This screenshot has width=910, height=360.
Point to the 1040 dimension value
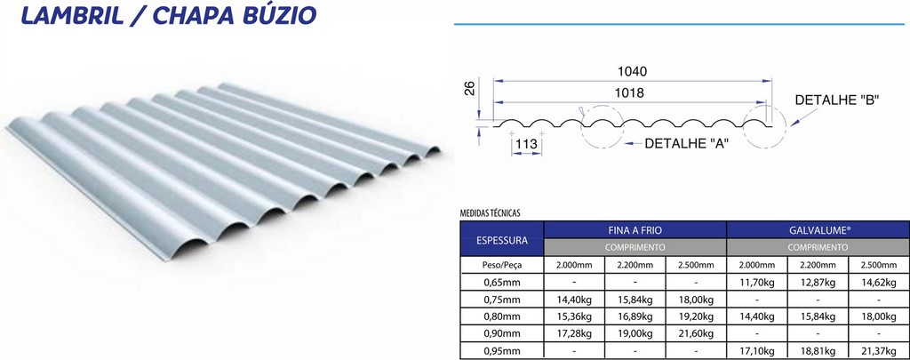632,71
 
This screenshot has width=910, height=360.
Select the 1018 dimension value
630,93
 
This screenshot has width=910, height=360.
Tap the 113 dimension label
526,144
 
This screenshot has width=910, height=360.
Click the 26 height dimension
470,88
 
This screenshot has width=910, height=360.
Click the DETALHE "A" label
687,143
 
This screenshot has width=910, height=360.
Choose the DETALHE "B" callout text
837,100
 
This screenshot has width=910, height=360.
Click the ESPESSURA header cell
502,240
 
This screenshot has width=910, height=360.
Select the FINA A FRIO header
635,230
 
